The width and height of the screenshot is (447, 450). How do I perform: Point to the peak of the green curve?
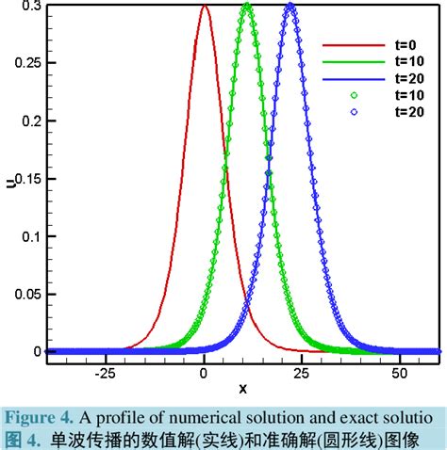pyautogui.click(x=247, y=6)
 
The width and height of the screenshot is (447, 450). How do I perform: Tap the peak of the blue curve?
pyautogui.click(x=290, y=6)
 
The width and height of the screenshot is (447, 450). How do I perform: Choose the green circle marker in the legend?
pyautogui.click(x=354, y=95)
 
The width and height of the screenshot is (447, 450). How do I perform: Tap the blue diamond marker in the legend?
pyautogui.click(x=354, y=112)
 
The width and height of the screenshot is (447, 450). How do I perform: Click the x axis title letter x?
pyautogui.click(x=243, y=388)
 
